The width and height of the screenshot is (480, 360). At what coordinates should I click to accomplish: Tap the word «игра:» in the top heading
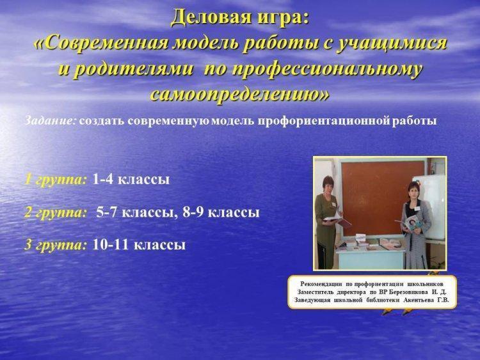[x=281, y=18]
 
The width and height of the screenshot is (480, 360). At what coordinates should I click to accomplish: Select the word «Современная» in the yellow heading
[x=106, y=43]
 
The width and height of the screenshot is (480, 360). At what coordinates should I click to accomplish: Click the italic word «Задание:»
[x=50, y=120]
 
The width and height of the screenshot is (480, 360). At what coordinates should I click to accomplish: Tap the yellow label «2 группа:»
[x=56, y=212]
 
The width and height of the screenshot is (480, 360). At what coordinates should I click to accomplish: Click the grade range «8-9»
[x=193, y=212]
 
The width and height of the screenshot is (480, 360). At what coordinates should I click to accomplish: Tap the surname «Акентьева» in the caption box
[x=419, y=301]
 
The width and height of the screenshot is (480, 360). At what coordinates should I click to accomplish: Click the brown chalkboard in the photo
[x=383, y=198]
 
